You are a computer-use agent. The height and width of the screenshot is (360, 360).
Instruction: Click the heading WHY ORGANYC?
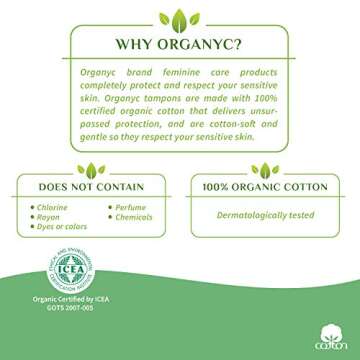[179, 43]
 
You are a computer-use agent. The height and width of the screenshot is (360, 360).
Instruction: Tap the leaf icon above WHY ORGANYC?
[179, 15]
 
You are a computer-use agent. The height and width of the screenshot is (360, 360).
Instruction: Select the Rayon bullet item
[47, 217]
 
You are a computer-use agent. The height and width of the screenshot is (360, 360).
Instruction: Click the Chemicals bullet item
[126, 217]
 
